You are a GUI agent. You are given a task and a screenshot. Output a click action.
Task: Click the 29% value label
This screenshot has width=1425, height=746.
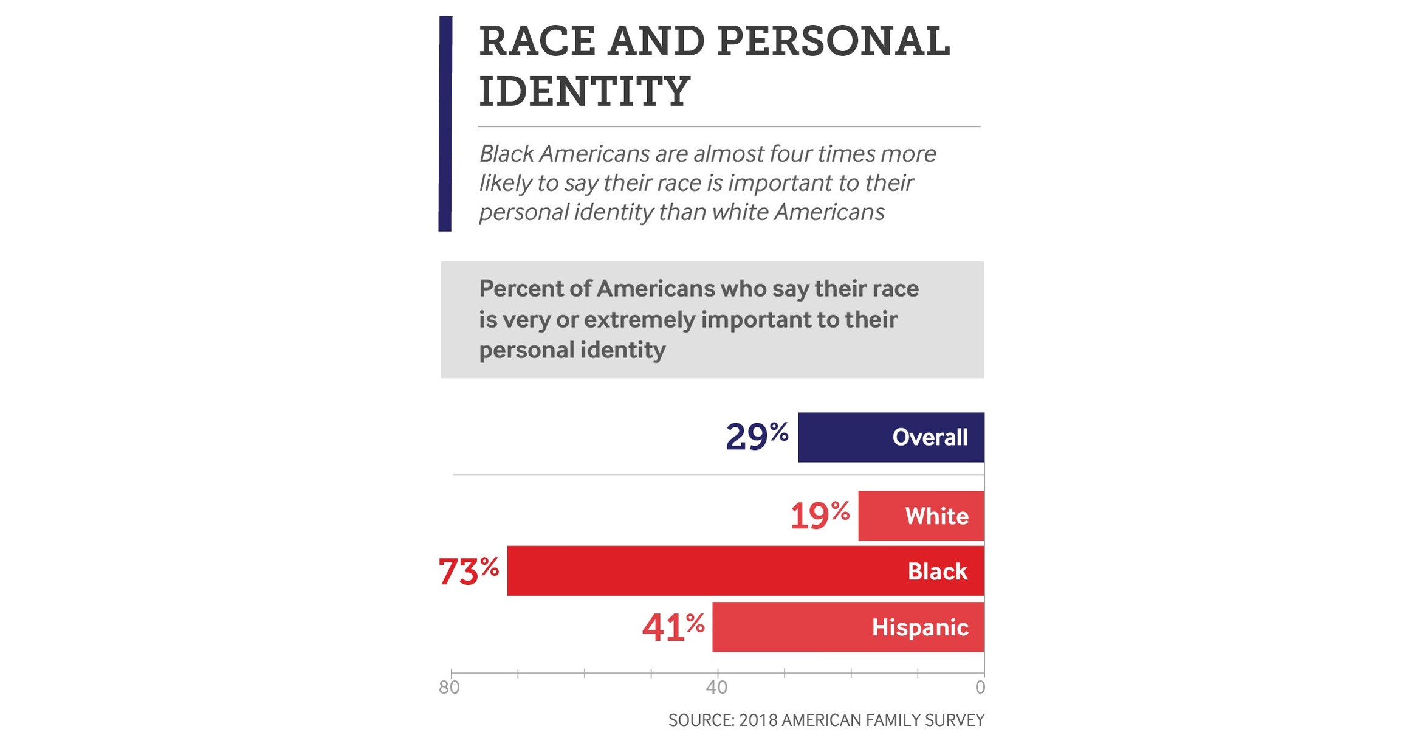(x=757, y=437)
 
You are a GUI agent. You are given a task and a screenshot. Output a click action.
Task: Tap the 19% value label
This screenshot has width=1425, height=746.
(x=820, y=516)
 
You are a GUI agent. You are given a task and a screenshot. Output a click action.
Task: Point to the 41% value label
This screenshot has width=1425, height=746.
(x=673, y=627)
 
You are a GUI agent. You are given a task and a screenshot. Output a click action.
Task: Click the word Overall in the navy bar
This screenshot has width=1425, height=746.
(x=929, y=437)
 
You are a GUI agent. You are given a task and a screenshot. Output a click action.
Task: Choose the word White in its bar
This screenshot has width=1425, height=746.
(x=936, y=516)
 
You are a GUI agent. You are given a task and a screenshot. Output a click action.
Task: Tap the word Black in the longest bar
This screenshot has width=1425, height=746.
(x=937, y=572)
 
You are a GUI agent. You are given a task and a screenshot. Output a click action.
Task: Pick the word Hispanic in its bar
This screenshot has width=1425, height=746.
(x=919, y=627)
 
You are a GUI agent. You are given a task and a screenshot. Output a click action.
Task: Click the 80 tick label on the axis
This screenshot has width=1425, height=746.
(x=450, y=688)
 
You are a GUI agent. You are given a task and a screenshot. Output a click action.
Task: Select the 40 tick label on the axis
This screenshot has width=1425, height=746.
(x=716, y=688)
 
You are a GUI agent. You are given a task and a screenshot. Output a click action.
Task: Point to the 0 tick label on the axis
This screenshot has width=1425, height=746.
(x=980, y=688)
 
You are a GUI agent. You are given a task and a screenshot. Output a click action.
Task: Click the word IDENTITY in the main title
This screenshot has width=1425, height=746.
(x=584, y=91)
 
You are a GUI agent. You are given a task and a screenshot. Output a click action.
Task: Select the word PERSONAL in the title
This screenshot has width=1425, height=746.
(x=833, y=41)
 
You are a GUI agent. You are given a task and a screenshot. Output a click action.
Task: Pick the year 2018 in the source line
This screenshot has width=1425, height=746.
(x=758, y=720)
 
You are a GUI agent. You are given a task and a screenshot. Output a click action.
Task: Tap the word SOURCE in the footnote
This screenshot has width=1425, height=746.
(x=701, y=720)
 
